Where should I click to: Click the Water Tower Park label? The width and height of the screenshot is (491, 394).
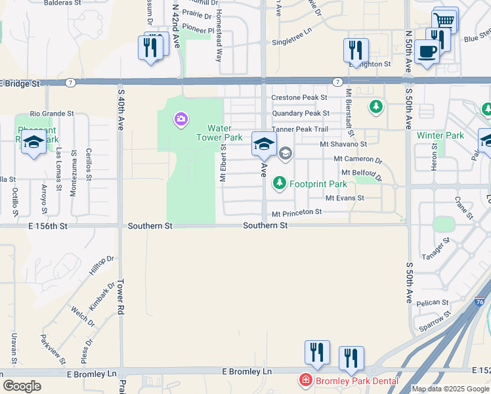tap(215, 133)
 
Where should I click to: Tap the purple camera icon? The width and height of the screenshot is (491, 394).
tap(180, 120)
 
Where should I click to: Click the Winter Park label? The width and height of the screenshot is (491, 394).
tap(440, 136)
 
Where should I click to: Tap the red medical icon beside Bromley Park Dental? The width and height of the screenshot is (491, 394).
tap(305, 380)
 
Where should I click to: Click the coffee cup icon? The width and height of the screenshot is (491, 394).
tap(427, 51)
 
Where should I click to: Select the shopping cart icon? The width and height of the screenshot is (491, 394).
tap(445, 20)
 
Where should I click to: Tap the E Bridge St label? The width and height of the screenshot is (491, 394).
tap(20, 84)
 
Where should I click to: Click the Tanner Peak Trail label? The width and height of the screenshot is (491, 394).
tap(299, 129)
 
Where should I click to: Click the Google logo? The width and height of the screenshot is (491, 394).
tap(22, 386)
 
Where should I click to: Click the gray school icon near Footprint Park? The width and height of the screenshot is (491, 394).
tap(286, 154)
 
